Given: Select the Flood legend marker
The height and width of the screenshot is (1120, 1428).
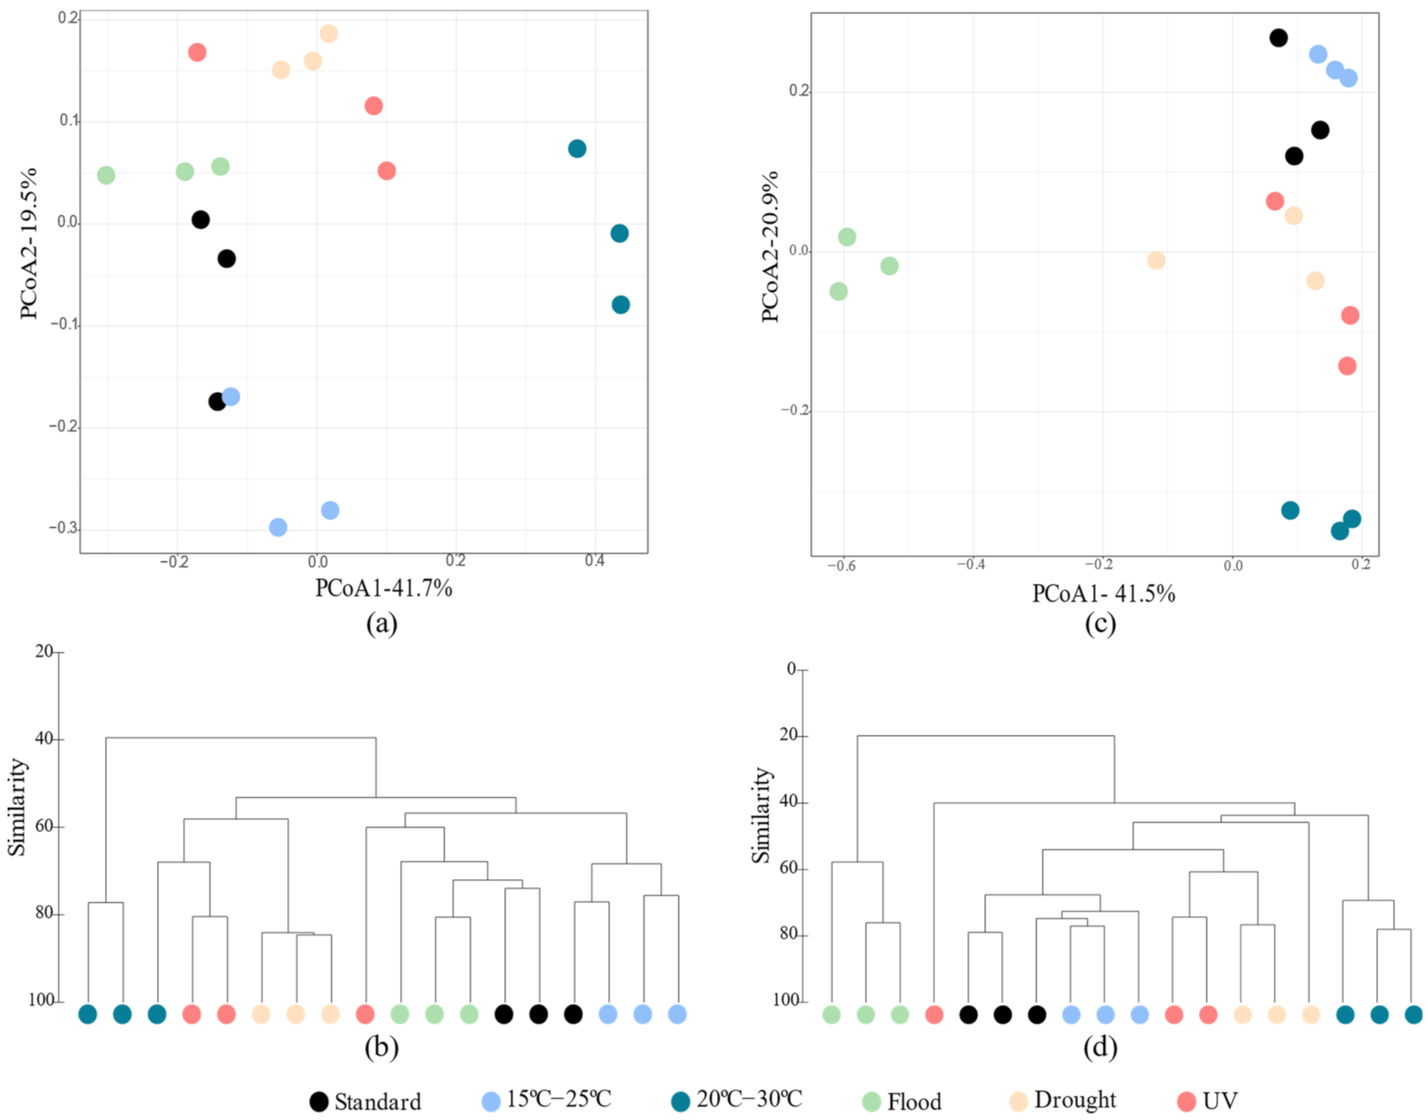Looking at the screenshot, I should [871, 1101].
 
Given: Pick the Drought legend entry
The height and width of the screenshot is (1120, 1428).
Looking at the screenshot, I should [1074, 1099].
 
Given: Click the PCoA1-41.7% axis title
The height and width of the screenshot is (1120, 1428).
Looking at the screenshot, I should [383, 588].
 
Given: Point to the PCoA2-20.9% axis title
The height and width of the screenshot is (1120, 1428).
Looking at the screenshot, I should [771, 246].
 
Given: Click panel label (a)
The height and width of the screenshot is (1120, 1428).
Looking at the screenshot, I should [382, 623].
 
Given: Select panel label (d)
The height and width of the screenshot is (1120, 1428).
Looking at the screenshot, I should [1101, 1048].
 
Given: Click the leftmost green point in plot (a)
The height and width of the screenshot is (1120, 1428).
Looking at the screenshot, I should [106, 175].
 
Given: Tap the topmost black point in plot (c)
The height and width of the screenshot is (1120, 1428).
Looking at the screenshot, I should [1278, 38].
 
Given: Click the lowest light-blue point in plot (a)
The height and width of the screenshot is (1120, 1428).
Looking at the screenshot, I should [278, 527].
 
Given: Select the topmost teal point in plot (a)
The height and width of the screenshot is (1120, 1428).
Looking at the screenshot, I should [577, 149].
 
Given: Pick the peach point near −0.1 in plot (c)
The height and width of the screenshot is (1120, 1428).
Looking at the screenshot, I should [1156, 260].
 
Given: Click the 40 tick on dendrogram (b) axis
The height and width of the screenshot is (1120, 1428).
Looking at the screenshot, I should [45, 739].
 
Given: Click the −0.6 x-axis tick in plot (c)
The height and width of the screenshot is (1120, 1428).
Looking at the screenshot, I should [841, 565].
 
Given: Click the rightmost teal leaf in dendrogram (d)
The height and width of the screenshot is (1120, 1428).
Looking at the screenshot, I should [1414, 1014].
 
